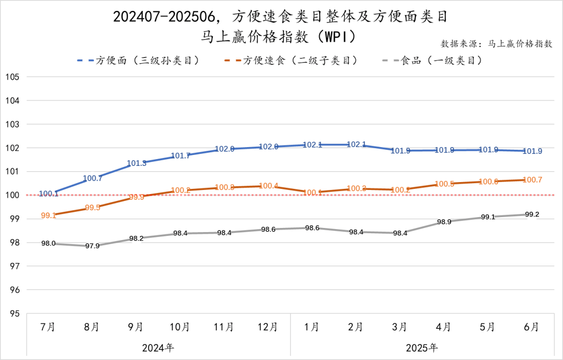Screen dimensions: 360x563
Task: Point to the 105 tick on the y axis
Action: point(12,77)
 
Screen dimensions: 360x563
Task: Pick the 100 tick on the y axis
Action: point(12,195)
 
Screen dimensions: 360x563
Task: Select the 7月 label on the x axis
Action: point(48,327)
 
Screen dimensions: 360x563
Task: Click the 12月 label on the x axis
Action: point(268,327)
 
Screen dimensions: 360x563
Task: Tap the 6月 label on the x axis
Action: point(532,327)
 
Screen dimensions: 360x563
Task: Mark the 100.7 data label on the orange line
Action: point(532,180)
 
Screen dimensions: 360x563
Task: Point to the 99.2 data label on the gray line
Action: point(532,214)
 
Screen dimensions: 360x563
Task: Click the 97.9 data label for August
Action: point(92,246)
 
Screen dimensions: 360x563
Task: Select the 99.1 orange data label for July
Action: point(48,215)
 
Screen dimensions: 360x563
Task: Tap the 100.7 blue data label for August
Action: point(92,178)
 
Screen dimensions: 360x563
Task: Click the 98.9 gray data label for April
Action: point(444,222)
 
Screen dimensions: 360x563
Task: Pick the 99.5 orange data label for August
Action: point(92,208)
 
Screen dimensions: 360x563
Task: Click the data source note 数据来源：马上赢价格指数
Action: point(497,44)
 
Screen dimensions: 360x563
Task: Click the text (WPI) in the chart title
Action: point(339,37)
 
